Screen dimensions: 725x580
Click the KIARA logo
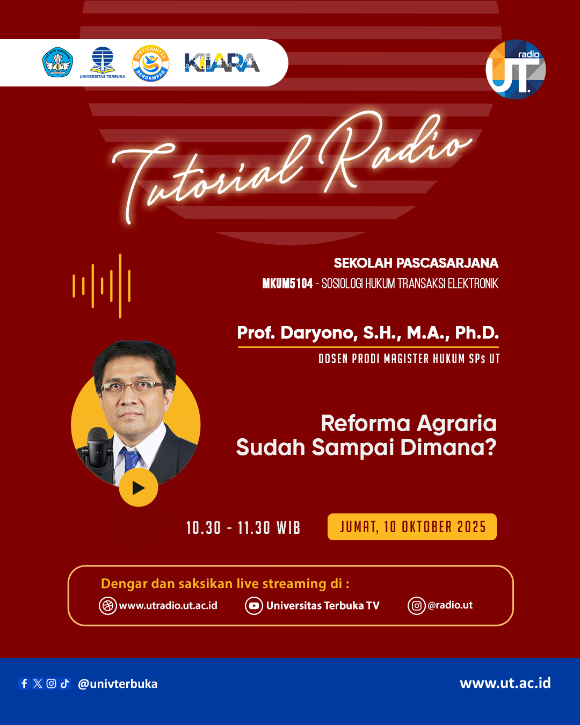point(222,63)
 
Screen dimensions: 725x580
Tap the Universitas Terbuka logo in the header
point(103,63)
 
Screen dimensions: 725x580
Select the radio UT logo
point(516,69)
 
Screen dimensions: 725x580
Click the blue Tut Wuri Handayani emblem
point(57,62)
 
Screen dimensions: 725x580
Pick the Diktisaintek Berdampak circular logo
point(151,63)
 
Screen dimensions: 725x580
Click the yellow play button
point(139,487)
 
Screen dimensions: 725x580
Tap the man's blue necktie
point(130,462)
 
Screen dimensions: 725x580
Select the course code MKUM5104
point(287,284)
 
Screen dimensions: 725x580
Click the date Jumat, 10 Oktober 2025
point(412,527)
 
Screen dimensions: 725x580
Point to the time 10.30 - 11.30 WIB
point(243,527)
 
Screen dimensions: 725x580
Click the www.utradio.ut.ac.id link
point(168,605)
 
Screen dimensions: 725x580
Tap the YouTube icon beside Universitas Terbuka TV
point(253,606)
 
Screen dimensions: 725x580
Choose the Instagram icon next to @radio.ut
point(416,606)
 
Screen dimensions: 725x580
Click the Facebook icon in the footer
point(24,683)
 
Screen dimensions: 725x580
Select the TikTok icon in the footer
point(65,683)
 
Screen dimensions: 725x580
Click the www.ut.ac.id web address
point(505,683)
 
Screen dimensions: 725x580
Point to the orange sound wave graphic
point(102,286)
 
